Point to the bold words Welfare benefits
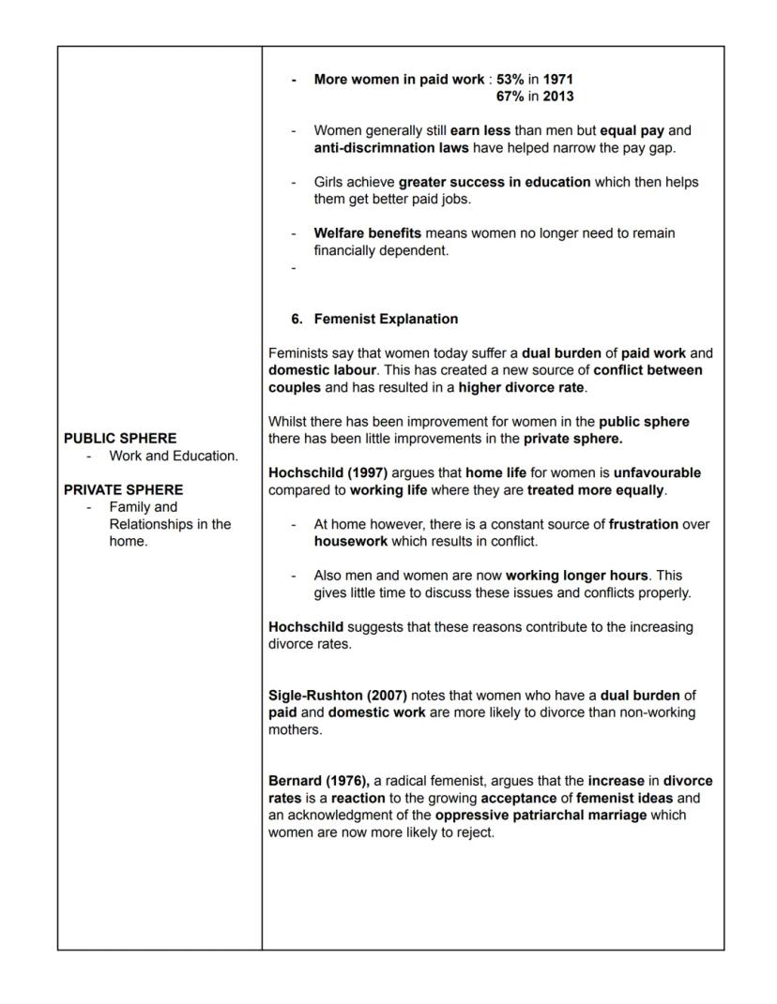click(x=367, y=232)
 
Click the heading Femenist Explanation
click(x=386, y=319)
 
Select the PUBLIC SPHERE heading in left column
click(x=120, y=438)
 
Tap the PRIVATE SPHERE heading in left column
click(x=124, y=489)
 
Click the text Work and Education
click(x=174, y=456)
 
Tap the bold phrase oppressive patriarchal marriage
click(x=541, y=815)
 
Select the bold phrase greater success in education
click(x=495, y=182)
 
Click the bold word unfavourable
click(x=657, y=472)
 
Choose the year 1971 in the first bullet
click(x=558, y=80)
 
